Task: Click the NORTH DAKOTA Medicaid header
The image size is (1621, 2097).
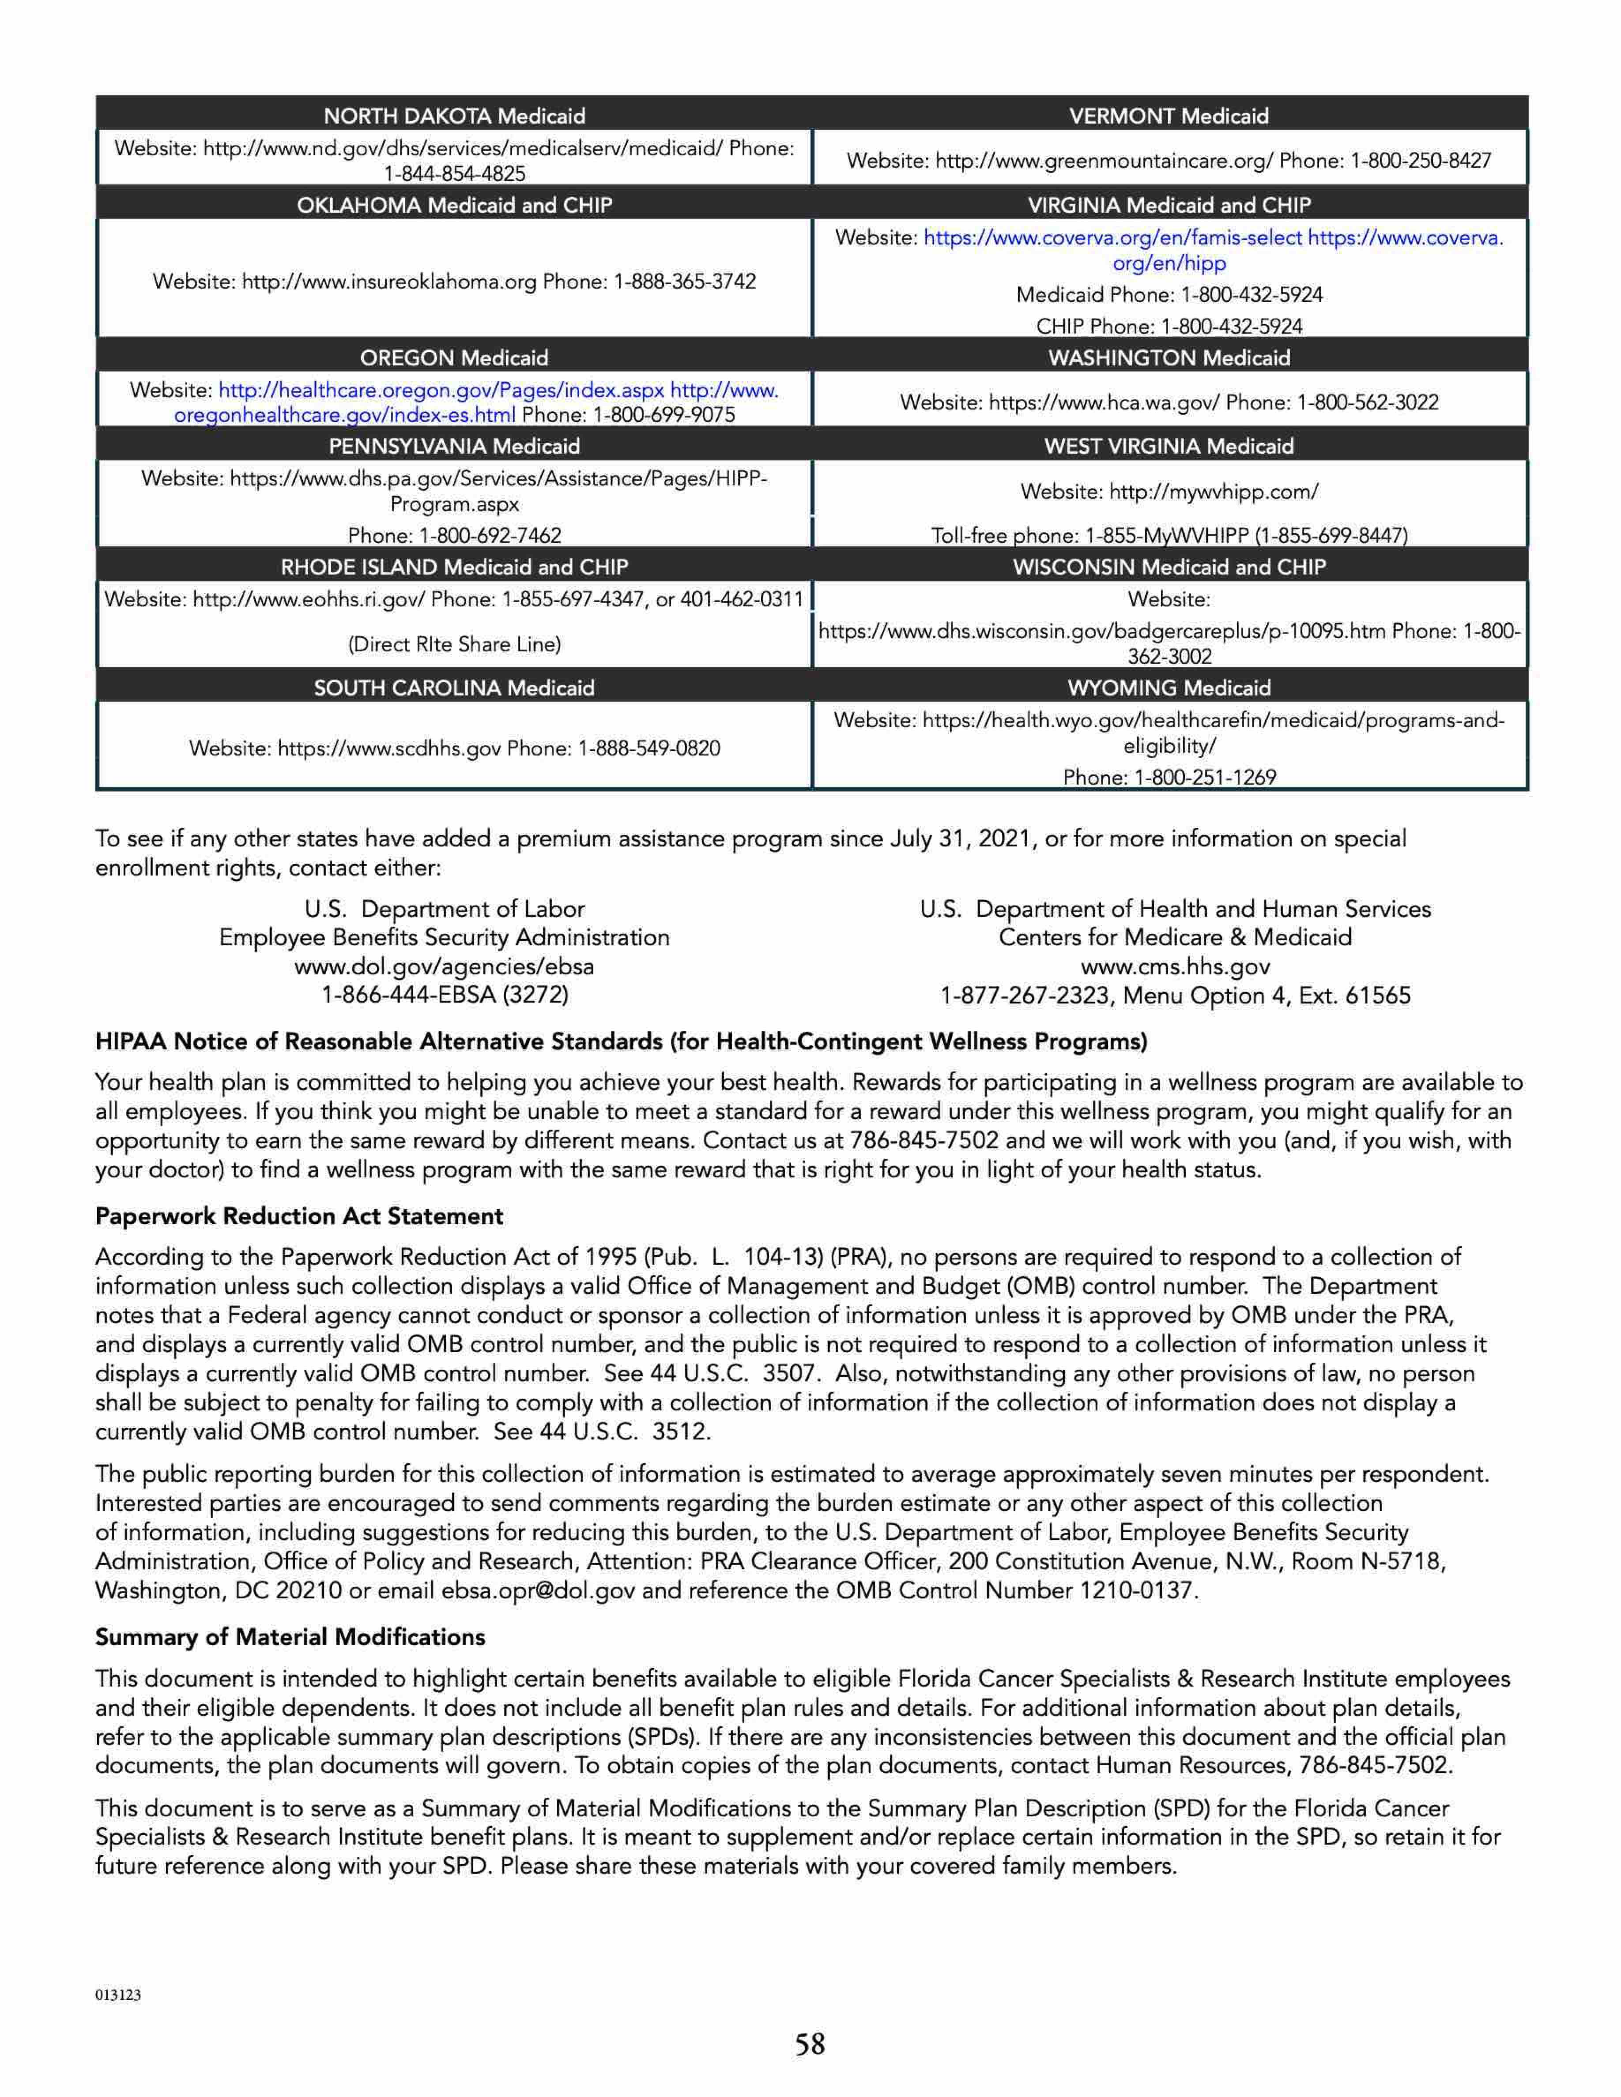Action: pos(454,116)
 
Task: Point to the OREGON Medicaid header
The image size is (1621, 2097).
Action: pos(454,358)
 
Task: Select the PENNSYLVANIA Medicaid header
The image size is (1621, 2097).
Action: pos(454,447)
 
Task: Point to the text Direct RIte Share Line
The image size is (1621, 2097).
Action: pos(454,644)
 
